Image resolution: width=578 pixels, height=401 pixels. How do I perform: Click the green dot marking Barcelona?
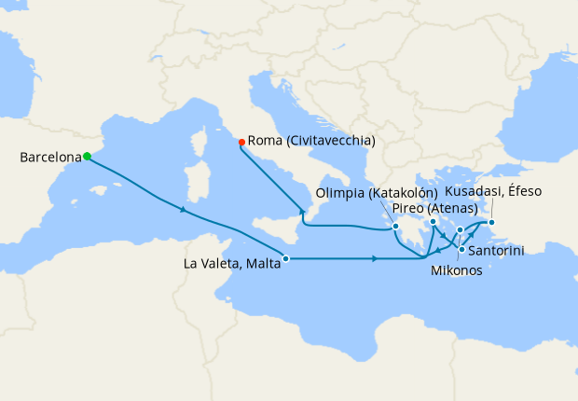coord(86,157)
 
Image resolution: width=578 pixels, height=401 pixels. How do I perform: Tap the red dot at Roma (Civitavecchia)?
coord(241,142)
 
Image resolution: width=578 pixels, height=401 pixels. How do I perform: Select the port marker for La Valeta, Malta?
coord(286,258)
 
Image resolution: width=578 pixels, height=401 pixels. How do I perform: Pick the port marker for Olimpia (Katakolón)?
coord(396,226)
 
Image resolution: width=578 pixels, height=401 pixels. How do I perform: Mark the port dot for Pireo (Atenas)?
coord(433,222)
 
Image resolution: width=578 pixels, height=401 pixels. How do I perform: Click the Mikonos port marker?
coord(461,229)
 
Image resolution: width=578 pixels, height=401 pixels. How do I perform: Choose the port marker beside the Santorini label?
coord(461,248)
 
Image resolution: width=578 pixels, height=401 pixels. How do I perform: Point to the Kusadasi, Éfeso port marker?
coord(491,222)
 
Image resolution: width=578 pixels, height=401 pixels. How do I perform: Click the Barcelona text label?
coord(48,158)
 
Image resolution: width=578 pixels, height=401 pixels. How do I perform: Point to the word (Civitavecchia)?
coord(331,141)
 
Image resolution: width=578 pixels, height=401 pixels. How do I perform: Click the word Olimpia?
coord(341,193)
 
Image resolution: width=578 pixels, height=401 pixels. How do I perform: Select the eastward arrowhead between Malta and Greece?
coord(374,258)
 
